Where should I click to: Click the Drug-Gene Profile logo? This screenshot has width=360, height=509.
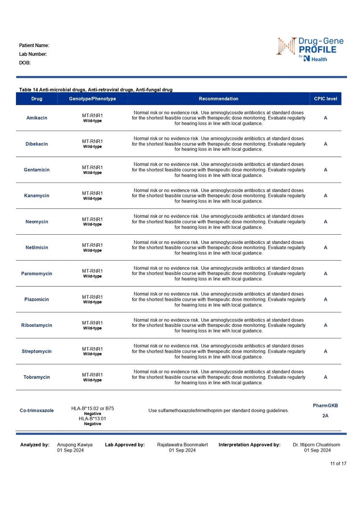click(x=310, y=49)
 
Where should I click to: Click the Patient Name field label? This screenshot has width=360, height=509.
click(x=34, y=45)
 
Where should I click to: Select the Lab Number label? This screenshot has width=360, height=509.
click(x=33, y=54)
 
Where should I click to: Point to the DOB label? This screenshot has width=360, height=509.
click(x=25, y=63)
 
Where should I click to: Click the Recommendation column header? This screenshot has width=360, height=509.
click(x=218, y=99)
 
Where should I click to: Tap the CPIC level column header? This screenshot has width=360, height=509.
click(x=325, y=99)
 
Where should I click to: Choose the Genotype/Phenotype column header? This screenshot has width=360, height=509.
click(x=92, y=99)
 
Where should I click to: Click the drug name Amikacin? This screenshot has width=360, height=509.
click(x=37, y=118)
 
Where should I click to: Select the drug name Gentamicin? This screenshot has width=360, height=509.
click(x=37, y=170)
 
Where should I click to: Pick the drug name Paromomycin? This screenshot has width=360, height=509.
click(x=37, y=274)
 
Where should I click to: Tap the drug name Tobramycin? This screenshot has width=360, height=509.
click(x=37, y=377)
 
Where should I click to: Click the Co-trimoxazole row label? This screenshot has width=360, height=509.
click(x=37, y=411)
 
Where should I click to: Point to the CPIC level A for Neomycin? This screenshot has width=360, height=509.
click(x=325, y=222)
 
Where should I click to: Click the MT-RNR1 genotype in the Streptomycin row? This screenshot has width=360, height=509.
click(x=92, y=349)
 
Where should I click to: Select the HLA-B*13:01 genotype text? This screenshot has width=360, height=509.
click(x=92, y=419)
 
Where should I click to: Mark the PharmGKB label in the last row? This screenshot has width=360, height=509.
click(x=325, y=406)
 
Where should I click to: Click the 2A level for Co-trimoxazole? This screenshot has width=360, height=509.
click(x=325, y=415)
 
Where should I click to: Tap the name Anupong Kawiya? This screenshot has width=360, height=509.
click(x=75, y=445)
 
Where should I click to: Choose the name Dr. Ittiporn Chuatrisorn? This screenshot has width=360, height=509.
click(x=316, y=445)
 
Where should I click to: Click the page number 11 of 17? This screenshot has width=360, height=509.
click(x=338, y=464)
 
